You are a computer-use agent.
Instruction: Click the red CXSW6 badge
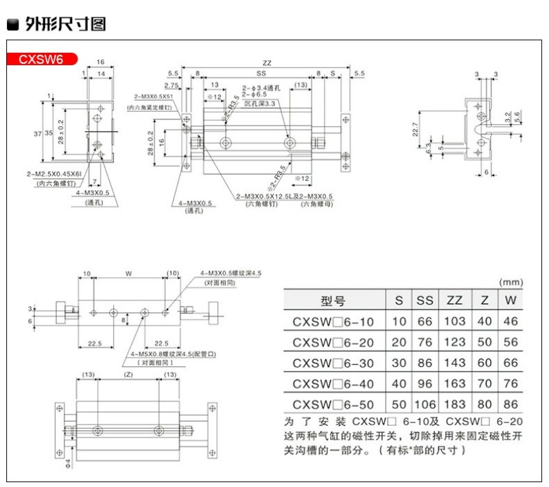[41, 59]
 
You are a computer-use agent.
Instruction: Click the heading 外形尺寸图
[65, 25]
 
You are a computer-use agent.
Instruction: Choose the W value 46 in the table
[510, 321]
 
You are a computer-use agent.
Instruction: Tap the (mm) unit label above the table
[511, 281]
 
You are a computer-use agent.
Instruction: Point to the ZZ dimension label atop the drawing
[267, 63]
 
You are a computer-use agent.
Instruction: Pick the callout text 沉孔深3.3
[259, 103]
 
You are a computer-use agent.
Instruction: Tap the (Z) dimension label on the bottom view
[128, 375]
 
